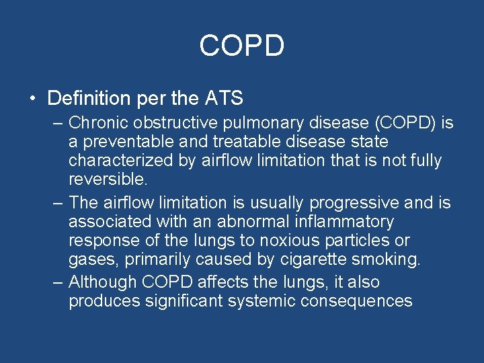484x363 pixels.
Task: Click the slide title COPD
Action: (x=242, y=46)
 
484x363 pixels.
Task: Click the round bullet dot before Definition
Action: (x=32, y=99)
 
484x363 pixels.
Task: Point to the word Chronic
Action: (x=97, y=123)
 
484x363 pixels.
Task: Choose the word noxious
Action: (x=295, y=240)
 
